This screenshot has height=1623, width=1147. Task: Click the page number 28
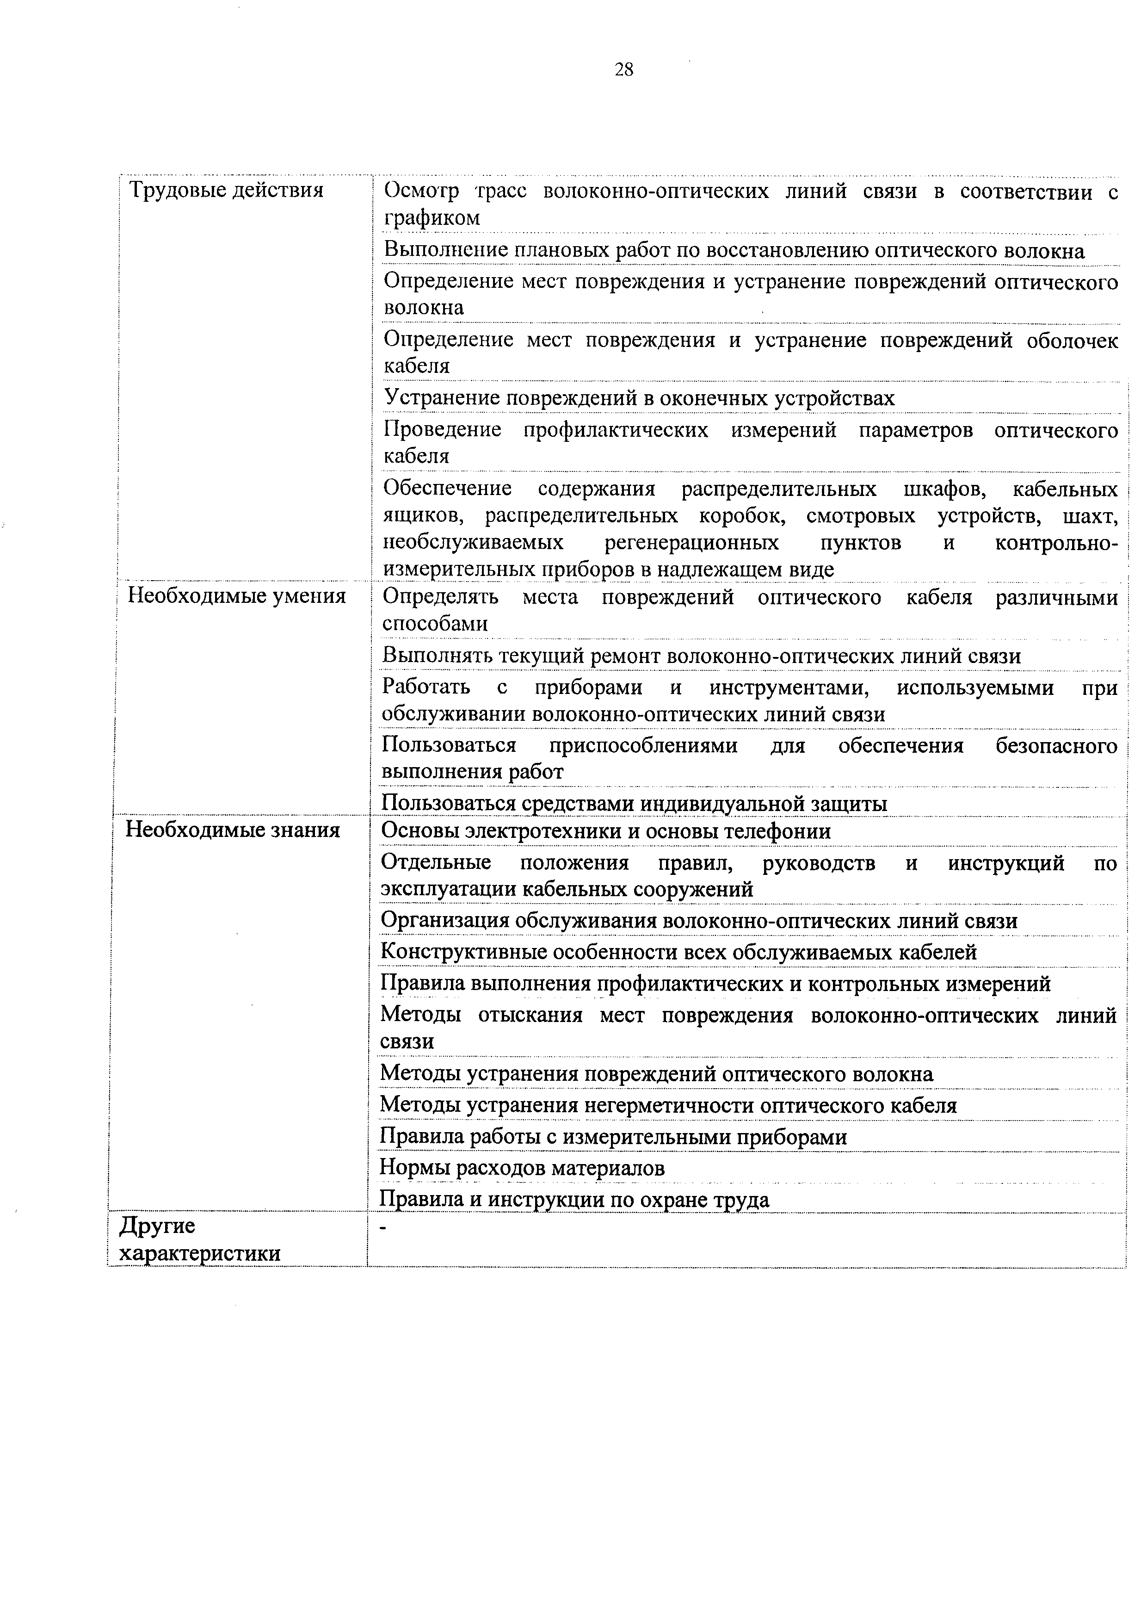(x=624, y=69)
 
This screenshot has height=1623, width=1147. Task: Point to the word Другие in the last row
(x=157, y=1225)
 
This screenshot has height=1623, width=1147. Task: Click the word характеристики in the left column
(x=200, y=1253)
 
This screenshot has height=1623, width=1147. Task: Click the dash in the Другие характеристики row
(x=384, y=1228)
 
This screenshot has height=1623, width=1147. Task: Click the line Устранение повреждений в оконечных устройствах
(x=639, y=399)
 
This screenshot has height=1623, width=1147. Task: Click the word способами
(x=435, y=624)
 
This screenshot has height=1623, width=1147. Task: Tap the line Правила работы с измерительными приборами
(x=613, y=1137)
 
